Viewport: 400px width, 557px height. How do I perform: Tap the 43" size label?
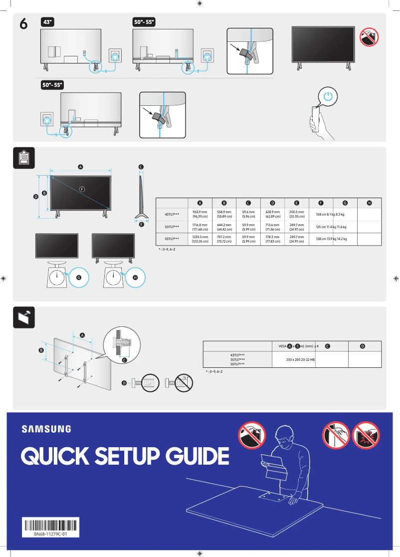(48, 22)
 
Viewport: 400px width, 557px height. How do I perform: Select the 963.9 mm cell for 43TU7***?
(200, 215)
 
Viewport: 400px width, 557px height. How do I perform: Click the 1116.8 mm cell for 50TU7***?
(200, 227)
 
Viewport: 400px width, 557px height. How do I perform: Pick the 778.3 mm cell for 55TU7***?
(272, 239)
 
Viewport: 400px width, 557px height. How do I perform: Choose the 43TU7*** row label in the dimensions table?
(172, 215)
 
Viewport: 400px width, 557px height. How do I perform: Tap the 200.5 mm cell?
(297, 215)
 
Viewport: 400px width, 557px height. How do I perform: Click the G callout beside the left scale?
(79, 278)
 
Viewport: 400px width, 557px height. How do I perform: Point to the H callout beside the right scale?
(135, 278)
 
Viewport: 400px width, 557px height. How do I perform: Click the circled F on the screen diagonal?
(82, 189)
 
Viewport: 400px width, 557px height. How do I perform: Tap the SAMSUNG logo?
(46, 429)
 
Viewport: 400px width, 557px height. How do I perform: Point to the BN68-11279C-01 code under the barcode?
(51, 534)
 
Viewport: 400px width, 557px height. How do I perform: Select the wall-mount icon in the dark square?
(22, 317)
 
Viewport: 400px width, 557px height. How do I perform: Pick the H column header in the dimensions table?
(370, 203)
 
